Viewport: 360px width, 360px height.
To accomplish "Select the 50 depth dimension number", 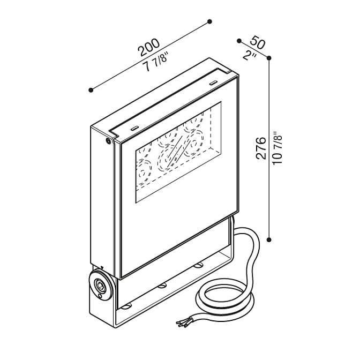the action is click(258, 42).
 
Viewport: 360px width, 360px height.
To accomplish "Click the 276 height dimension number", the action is click(261, 148).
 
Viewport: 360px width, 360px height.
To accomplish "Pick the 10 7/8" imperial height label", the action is click(277, 147).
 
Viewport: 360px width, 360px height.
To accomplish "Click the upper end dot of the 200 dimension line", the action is click(209, 21).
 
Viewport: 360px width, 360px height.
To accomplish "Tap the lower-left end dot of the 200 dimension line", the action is click(91, 90).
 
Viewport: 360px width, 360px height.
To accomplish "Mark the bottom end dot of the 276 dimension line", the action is click(269, 239).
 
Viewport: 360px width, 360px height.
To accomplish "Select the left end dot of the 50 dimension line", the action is click(239, 41).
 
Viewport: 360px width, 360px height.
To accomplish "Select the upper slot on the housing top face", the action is click(214, 82).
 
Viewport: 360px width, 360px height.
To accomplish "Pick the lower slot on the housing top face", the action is click(134, 129).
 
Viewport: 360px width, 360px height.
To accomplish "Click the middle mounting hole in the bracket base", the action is click(162, 286).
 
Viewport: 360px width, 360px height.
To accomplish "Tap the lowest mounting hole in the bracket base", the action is click(126, 306).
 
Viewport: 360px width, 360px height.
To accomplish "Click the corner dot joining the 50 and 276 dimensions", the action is click(269, 57).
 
